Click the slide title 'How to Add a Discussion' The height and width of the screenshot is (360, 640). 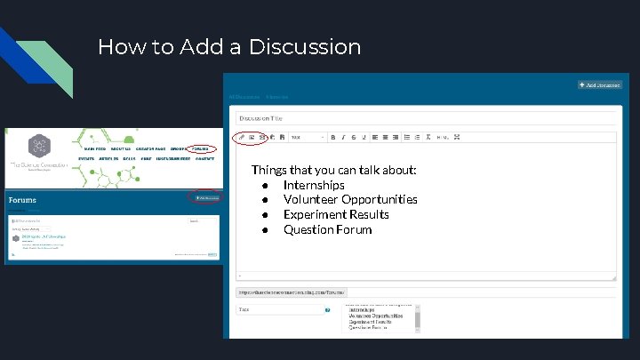coord(229,46)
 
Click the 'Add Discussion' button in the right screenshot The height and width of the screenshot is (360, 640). coord(600,84)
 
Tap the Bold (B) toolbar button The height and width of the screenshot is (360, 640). coord(332,138)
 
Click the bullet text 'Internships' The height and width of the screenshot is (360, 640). coord(314,185)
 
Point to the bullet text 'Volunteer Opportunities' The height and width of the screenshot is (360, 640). coord(350,199)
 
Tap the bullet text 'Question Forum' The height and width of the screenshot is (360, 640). coord(327,229)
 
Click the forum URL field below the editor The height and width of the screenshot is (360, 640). coord(292,292)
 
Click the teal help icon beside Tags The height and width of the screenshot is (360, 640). coord(328,310)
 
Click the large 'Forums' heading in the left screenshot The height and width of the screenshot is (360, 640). coord(23,200)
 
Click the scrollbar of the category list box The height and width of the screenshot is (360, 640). coord(418,317)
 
